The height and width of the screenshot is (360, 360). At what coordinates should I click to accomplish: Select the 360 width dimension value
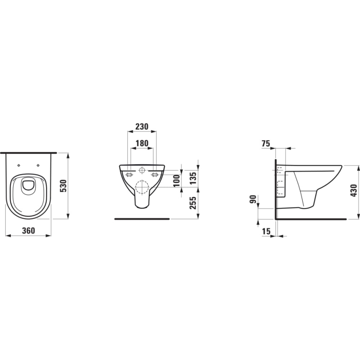pyautogui.click(x=28, y=231)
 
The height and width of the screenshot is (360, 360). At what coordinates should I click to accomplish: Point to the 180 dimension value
pyautogui.click(x=142, y=143)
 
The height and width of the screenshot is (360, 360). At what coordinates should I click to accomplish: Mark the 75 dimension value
pyautogui.click(x=266, y=144)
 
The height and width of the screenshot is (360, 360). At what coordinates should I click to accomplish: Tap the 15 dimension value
pyautogui.click(x=265, y=231)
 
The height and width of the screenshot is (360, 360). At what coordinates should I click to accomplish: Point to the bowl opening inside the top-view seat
pyautogui.click(x=28, y=185)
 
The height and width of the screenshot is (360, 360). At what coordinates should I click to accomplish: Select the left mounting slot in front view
pyautogui.click(x=129, y=174)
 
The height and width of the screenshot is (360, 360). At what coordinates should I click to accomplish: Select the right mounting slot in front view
pyautogui.click(x=155, y=174)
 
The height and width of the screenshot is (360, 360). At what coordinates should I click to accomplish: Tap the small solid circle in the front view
pyautogui.click(x=142, y=170)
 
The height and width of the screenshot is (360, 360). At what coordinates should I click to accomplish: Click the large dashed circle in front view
pyautogui.click(x=142, y=187)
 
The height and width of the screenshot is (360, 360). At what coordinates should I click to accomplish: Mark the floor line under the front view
pyautogui.click(x=142, y=218)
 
